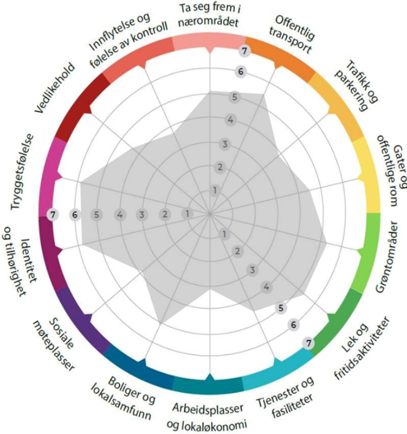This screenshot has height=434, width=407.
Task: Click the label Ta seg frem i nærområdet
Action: coord(209,17)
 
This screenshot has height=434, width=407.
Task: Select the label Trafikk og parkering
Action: coord(355,84)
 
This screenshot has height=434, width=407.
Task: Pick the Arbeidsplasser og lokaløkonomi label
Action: coord(210,415)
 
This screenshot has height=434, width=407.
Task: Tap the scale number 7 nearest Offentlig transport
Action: coord(246,52)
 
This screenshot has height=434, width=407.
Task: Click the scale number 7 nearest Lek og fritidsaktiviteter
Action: coord(308,343)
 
